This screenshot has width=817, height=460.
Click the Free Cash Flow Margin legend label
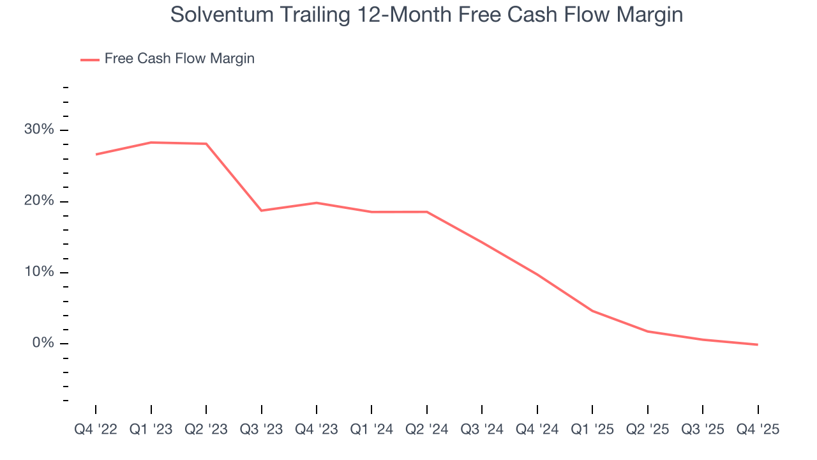(x=179, y=59)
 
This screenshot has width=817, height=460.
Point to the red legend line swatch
(x=90, y=59)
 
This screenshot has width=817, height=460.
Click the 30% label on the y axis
(x=39, y=130)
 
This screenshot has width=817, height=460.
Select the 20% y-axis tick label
(x=39, y=201)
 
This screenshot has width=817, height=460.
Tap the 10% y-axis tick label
(x=39, y=273)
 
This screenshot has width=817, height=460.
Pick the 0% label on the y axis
(x=43, y=344)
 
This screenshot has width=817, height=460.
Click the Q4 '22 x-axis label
(x=96, y=429)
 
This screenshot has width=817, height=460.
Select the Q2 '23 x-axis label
(x=206, y=429)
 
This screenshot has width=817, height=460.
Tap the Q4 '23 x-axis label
(x=317, y=429)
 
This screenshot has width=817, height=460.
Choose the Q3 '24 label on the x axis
(x=482, y=429)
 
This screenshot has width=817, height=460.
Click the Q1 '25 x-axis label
(x=592, y=429)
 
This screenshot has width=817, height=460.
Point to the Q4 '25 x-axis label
(x=758, y=429)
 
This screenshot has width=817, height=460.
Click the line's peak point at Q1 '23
(x=151, y=142)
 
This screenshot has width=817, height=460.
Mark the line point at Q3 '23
(x=262, y=210)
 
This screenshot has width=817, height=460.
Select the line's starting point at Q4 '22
(x=96, y=154)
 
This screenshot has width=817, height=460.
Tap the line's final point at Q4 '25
(x=758, y=345)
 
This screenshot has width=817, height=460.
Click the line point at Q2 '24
(x=427, y=211)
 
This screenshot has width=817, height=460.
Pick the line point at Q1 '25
(x=592, y=311)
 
